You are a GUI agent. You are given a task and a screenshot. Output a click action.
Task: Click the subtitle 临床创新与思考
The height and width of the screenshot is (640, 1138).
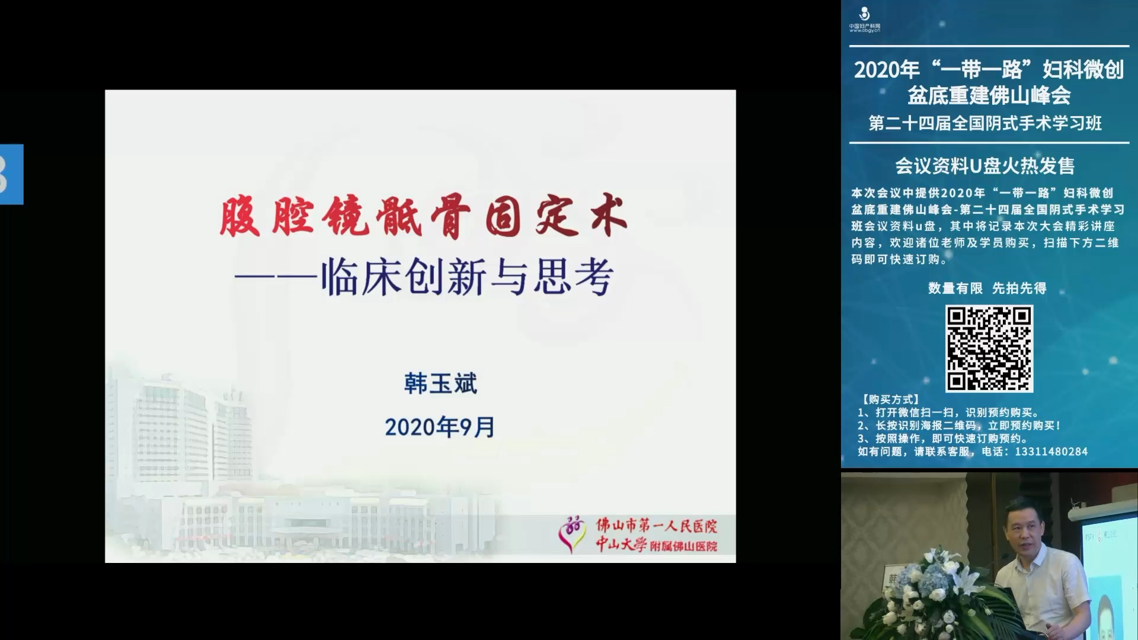(x=468, y=277)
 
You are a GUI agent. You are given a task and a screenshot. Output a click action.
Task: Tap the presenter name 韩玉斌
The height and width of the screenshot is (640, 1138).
(x=440, y=384)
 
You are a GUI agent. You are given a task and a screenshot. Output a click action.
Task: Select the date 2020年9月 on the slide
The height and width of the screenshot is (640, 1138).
(x=440, y=427)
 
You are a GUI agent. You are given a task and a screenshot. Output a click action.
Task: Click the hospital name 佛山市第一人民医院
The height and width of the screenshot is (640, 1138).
(x=656, y=525)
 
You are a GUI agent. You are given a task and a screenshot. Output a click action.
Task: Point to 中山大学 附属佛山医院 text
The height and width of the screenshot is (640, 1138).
(x=656, y=545)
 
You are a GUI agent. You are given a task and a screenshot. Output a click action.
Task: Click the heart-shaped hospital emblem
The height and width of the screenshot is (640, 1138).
(x=573, y=534)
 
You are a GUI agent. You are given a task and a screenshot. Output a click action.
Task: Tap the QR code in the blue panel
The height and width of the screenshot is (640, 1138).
(x=989, y=348)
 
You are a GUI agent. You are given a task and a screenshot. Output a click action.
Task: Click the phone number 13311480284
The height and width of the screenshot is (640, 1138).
(x=1051, y=452)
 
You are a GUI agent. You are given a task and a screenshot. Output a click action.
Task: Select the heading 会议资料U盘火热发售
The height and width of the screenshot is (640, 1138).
(x=984, y=166)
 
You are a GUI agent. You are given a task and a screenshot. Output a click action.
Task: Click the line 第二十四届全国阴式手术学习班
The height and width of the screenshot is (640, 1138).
(x=985, y=123)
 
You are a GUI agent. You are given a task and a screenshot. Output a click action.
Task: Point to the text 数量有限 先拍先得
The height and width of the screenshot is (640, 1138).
(x=987, y=288)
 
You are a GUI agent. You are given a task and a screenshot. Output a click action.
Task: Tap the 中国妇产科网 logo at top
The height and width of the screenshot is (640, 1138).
(x=865, y=20)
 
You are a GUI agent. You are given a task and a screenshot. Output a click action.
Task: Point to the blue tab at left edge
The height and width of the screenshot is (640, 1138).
(x=11, y=174)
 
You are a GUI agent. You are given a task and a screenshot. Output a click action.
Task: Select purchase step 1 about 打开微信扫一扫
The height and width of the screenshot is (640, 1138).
(x=948, y=412)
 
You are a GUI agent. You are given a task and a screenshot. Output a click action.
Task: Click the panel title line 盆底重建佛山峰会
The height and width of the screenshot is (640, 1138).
(x=989, y=95)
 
